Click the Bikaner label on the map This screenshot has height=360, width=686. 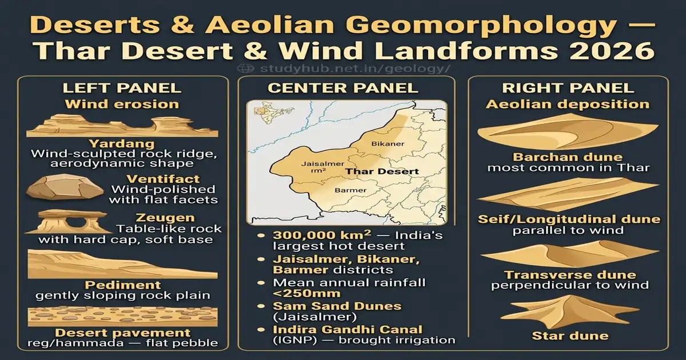(x=384, y=143)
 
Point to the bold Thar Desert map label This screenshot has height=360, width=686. (x=382, y=171)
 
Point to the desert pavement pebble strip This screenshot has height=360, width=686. (x=123, y=316)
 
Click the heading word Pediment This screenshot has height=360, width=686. (x=122, y=285)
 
